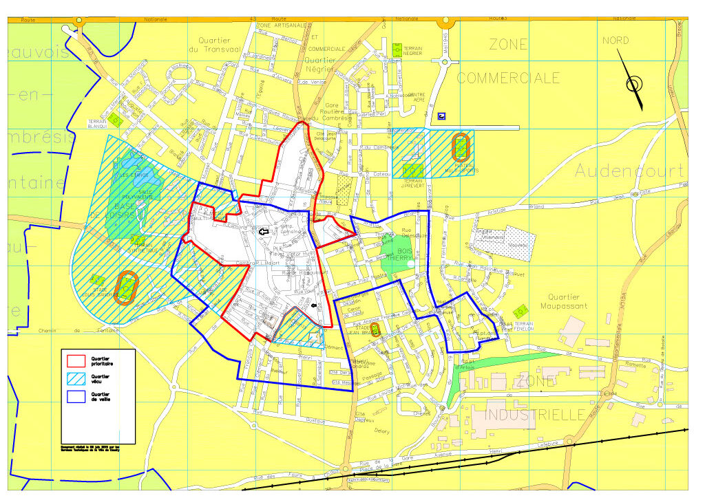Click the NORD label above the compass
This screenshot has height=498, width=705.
615,41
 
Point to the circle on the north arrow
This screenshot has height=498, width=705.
633,85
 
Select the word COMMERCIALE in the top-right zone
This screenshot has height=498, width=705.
508,78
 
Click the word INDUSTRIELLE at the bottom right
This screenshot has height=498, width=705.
535,415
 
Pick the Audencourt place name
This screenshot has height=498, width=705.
629,170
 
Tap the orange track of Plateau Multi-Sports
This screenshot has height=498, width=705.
459,147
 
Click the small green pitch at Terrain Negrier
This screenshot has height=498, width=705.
397,50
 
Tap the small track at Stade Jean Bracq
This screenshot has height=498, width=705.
375,329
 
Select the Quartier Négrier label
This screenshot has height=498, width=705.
319,64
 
